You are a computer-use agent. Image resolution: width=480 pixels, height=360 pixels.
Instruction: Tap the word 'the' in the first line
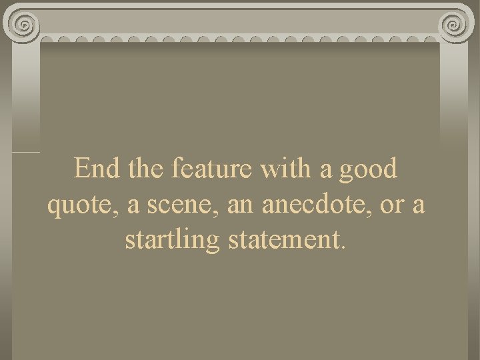point(145,169)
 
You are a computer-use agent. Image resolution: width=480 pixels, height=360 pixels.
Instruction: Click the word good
point(368,170)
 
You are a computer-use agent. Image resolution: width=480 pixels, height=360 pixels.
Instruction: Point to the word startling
point(173,241)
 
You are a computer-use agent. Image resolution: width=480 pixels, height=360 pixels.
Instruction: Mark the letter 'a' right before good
point(326,170)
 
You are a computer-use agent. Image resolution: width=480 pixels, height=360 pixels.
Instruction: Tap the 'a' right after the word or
point(418,207)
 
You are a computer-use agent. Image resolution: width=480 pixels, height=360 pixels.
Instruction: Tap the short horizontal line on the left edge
point(25,153)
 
